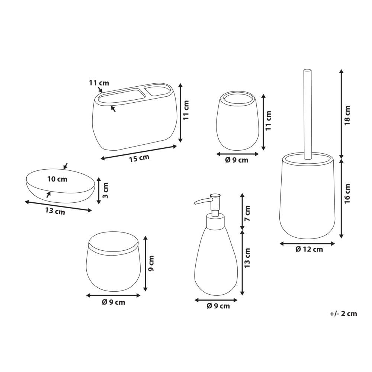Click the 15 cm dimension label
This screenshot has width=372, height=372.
139,158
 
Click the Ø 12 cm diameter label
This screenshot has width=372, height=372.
309,250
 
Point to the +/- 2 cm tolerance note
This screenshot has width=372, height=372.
343,314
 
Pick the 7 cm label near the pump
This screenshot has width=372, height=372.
247,212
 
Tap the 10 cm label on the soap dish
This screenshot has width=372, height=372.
57,179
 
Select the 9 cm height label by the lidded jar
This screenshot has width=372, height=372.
151,263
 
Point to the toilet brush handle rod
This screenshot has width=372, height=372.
307,112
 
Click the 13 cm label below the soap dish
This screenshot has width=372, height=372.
55,211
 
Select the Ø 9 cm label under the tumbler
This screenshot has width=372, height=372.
237,160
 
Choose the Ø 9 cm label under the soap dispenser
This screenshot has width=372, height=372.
218,306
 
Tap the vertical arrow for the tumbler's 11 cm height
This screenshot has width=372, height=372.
263,122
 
